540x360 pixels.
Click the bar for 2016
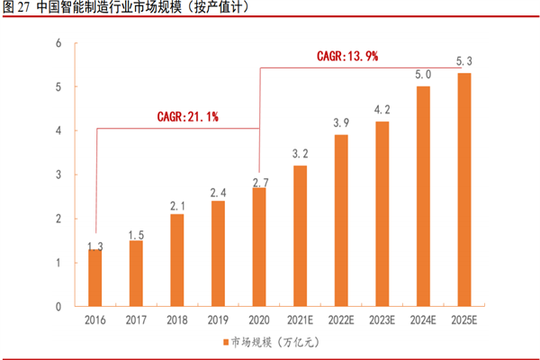(94, 278)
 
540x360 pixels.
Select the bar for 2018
(176, 261)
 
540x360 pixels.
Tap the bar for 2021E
(299, 237)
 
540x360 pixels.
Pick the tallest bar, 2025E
(463, 190)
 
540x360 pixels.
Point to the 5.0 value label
(422, 75)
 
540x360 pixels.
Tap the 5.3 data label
(463, 61)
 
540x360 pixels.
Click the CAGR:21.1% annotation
(177, 116)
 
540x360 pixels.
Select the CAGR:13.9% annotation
(346, 56)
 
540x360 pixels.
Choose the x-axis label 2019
(218, 319)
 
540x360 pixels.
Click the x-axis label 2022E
(340, 319)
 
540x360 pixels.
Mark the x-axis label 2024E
(422, 319)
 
